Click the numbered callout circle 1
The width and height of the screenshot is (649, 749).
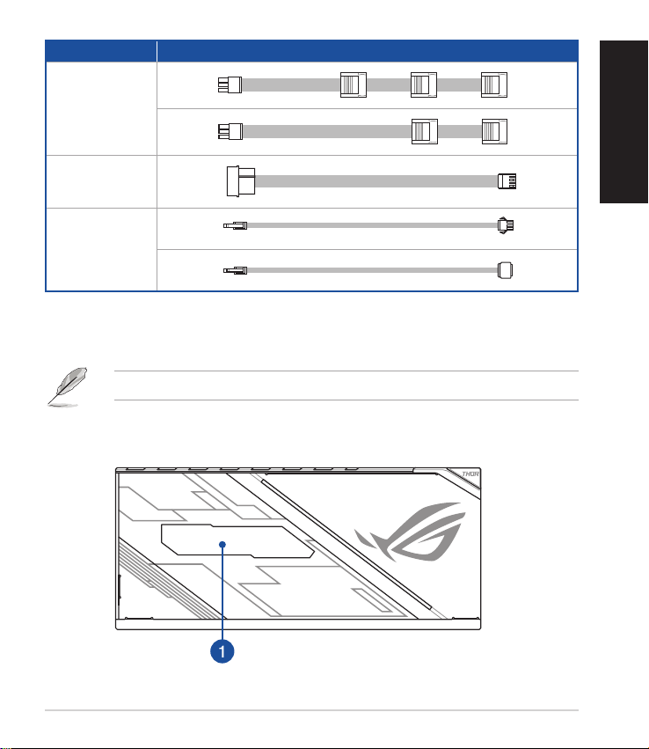click(x=222, y=650)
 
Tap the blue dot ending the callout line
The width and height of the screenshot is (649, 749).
click(x=222, y=544)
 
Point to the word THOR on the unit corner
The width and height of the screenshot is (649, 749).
click(x=470, y=474)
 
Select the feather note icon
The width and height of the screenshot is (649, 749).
click(x=68, y=387)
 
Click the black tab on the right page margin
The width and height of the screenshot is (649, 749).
click(x=623, y=121)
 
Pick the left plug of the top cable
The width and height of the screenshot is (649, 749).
click(x=230, y=85)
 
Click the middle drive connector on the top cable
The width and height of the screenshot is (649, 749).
click(x=424, y=85)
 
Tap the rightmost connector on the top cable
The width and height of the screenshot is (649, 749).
click(x=494, y=85)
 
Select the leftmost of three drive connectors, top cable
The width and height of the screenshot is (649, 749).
click(x=354, y=85)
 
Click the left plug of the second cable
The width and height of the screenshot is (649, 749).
click(x=230, y=131)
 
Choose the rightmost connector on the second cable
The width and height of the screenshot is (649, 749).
click(x=494, y=131)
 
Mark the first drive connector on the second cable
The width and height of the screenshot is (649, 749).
click(x=424, y=131)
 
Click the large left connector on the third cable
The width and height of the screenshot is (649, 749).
click(x=240, y=181)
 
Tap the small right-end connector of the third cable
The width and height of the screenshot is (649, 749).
click(x=507, y=181)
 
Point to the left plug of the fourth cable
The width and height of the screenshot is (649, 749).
click(x=236, y=225)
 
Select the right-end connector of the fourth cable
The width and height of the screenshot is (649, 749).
click(x=506, y=225)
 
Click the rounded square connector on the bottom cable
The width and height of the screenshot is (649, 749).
click(x=505, y=270)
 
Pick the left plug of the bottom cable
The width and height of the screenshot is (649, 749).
click(x=236, y=270)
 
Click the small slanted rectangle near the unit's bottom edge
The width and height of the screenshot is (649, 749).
click(x=370, y=599)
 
